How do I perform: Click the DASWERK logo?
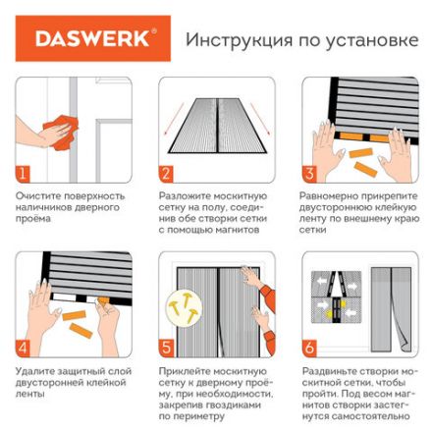(x=92, y=39)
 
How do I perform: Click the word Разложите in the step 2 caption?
(x=181, y=196)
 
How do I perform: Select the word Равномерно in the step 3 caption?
(x=325, y=196)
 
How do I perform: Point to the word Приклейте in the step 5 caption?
(x=181, y=371)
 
